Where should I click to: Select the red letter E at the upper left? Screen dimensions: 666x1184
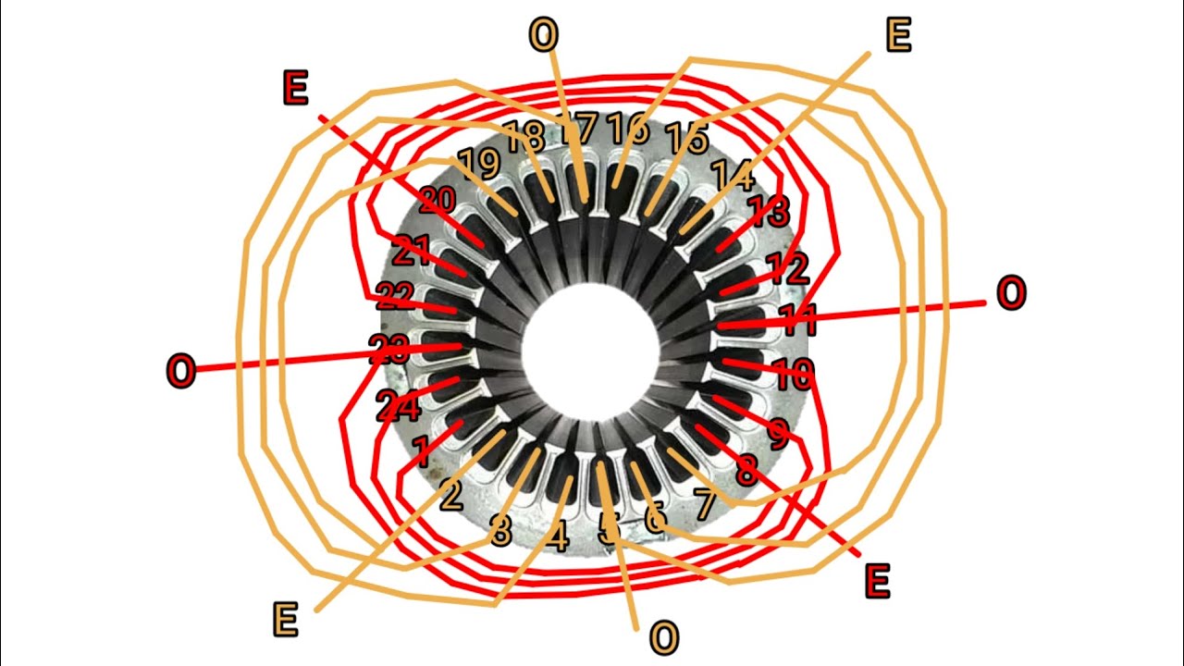pyautogui.click(x=295, y=89)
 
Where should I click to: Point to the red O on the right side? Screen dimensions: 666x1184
pyautogui.click(x=1011, y=293)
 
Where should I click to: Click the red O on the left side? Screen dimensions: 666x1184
pyautogui.click(x=180, y=372)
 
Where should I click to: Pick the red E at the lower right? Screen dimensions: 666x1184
pyautogui.click(x=876, y=582)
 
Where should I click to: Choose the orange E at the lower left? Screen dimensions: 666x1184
pyautogui.click(x=285, y=620)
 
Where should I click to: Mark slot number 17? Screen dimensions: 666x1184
pyautogui.click(x=580, y=129)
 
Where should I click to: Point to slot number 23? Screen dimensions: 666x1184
pyautogui.click(x=389, y=349)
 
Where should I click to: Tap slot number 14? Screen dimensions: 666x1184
pyautogui.click(x=733, y=174)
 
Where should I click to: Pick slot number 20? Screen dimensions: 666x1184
pyautogui.click(x=437, y=201)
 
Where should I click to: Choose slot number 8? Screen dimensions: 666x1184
pyautogui.click(x=746, y=471)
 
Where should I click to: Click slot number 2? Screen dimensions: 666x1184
pyautogui.click(x=450, y=497)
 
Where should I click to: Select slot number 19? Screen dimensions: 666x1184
pyautogui.click(x=478, y=164)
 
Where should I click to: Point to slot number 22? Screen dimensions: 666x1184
pyautogui.click(x=395, y=296)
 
